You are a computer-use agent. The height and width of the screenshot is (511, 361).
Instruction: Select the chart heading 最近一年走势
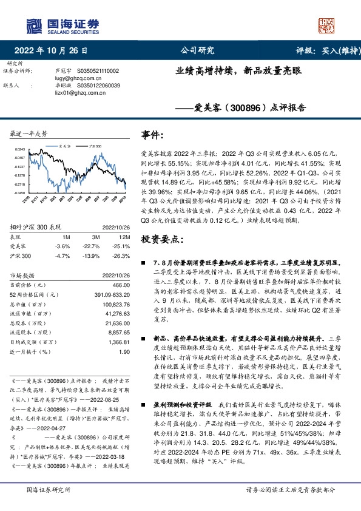click(x=29, y=133)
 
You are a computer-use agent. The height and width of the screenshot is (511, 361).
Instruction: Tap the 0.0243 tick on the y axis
click(x=20, y=149)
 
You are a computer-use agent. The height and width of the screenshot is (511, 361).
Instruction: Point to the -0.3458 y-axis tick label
click(x=19, y=192)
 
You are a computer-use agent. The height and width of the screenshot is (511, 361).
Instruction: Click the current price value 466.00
click(x=121, y=285)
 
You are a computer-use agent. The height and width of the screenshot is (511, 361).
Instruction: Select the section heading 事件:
click(x=152, y=134)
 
